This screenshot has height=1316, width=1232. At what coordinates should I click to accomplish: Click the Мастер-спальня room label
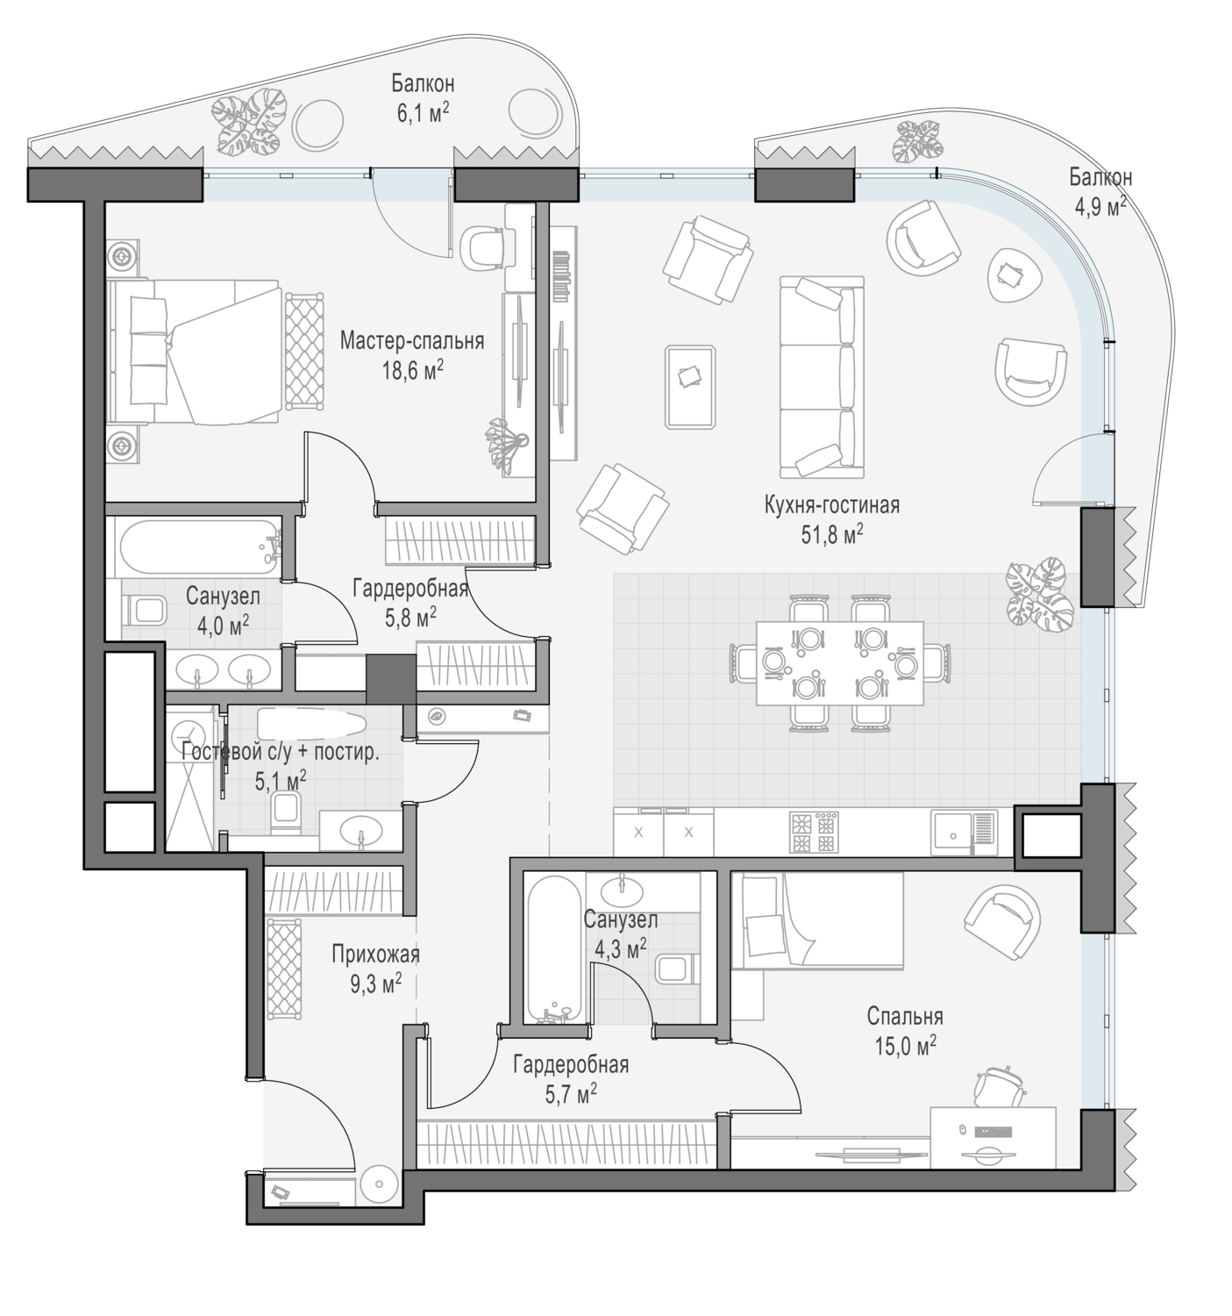pyautogui.click(x=411, y=340)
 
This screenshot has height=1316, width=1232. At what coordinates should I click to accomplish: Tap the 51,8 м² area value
pyautogui.click(x=832, y=534)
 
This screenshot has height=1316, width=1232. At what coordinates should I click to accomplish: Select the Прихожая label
pyautogui.click(x=375, y=955)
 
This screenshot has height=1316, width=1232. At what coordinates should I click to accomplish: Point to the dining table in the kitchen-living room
pyautogui.click(x=839, y=663)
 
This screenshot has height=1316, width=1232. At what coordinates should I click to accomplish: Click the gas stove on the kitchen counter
pyautogui.click(x=813, y=832)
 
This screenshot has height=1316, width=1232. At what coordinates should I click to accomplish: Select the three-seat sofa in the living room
pyautogui.click(x=822, y=377)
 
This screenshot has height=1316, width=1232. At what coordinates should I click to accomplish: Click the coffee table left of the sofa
pyautogui.click(x=690, y=386)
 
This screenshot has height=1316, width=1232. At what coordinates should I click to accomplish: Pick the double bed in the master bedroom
pyautogui.click(x=194, y=351)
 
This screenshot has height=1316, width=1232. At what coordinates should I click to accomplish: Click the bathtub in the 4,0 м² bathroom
pyautogui.click(x=199, y=547)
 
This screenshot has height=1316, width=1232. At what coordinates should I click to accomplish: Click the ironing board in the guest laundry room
pyautogui.click(x=310, y=725)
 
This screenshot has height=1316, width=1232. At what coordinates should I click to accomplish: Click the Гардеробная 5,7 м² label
pyautogui.click(x=571, y=1079)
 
